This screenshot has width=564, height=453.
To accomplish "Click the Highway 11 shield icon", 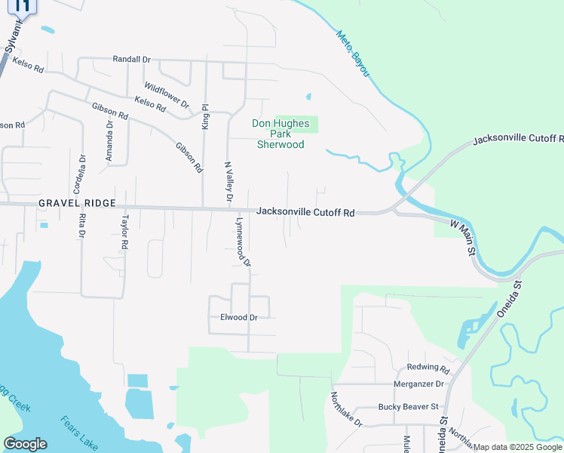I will (x=24, y=7).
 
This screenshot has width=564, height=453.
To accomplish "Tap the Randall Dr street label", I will (x=132, y=59).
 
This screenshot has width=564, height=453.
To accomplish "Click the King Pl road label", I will (x=204, y=118).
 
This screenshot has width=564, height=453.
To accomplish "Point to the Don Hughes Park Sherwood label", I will (x=280, y=134).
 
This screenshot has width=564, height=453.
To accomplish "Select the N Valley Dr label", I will (x=228, y=180).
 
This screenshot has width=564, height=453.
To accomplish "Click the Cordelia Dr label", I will (x=83, y=174).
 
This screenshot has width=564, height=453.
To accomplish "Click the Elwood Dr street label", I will (x=239, y=318).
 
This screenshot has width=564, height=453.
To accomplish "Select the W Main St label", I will (x=464, y=236).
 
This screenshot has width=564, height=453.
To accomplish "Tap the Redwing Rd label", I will (x=428, y=370).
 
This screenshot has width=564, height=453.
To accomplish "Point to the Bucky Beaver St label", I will (x=408, y=407).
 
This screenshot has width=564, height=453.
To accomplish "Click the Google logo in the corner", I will (x=26, y=443).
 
